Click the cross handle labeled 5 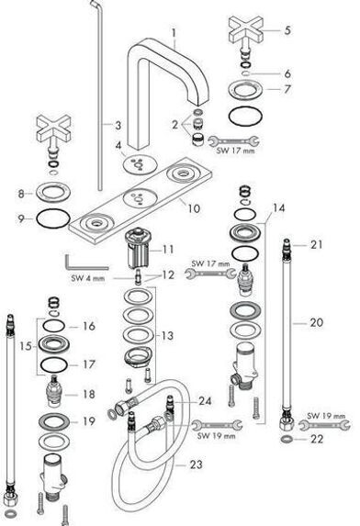[245, 30]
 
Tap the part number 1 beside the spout [174, 33]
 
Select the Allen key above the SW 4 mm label [84, 263]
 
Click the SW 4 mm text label [88, 278]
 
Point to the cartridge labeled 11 [137, 247]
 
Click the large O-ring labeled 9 [53, 218]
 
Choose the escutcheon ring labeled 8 [53, 193]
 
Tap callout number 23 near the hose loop [197, 464]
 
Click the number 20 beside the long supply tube [316, 323]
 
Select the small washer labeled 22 [287, 439]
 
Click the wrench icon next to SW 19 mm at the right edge [324, 425]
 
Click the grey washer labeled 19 [54, 422]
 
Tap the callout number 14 [278, 208]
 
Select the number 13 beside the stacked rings [167, 336]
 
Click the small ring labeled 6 [246, 73]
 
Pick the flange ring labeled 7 [245, 90]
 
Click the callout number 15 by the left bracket [26, 346]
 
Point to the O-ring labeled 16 [54, 326]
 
